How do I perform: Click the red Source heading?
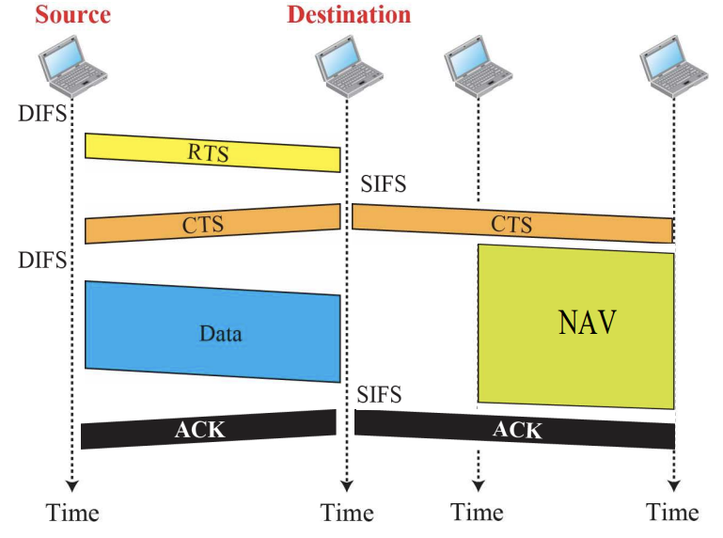[x=72, y=15]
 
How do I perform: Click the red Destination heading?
[x=349, y=15]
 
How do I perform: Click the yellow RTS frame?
[x=212, y=152]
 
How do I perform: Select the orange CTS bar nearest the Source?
[x=212, y=224]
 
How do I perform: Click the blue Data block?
[x=212, y=332]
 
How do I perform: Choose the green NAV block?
[x=575, y=325]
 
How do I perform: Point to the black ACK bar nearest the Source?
[x=209, y=430]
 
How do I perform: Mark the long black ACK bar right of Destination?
[x=515, y=431]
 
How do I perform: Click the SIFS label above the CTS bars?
[x=383, y=184]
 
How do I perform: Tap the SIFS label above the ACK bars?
[x=379, y=395]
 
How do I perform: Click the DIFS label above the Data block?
[x=41, y=261]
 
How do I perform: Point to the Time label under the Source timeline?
[x=72, y=513]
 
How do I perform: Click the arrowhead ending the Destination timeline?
[x=346, y=486]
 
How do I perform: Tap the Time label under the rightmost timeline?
[x=672, y=513]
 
